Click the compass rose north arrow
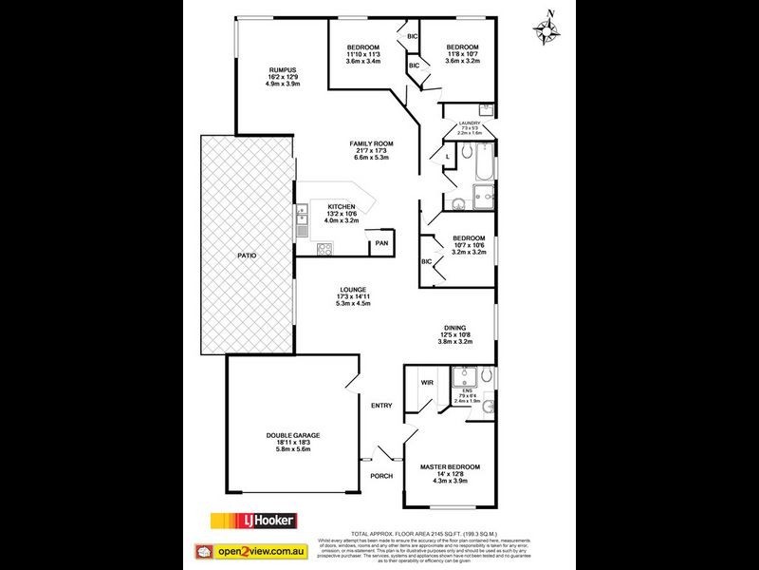547,28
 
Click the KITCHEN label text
342,206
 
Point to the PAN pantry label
381,243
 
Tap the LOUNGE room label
353,290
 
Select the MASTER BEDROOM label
450,467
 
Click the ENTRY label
380,406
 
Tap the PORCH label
380,476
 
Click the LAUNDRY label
470,123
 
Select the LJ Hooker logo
253,521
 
